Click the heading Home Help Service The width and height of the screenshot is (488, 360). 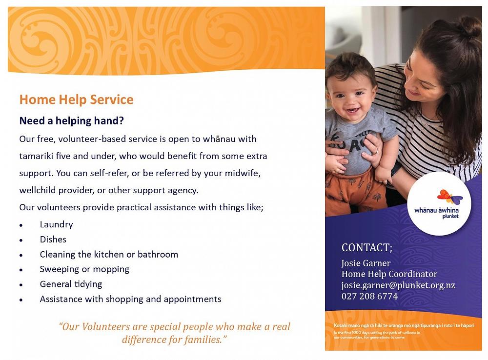[x=76, y=100]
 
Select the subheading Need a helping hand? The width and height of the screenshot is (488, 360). [x=71, y=120]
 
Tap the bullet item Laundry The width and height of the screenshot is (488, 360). [x=56, y=224]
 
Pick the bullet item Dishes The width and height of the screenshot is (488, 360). [x=53, y=240]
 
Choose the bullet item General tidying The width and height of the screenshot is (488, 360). [x=71, y=284]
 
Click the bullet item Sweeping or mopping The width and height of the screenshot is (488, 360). [x=84, y=269]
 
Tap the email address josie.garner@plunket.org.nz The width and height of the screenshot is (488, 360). [x=398, y=285]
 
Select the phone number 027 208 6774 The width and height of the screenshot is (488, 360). [x=369, y=297]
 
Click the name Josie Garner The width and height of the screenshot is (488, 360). [x=366, y=263]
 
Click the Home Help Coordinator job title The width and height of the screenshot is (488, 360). [x=389, y=274]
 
